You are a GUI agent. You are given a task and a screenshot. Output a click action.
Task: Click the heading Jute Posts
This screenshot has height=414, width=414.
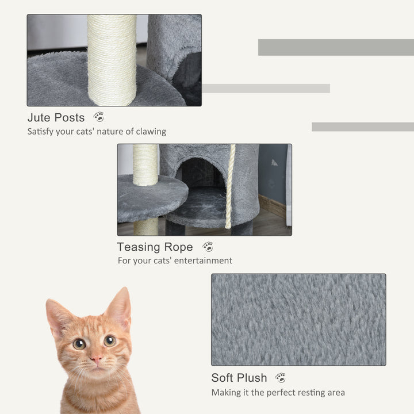point(56,118)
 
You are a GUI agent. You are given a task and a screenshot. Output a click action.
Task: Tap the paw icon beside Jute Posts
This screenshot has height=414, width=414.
point(99,117)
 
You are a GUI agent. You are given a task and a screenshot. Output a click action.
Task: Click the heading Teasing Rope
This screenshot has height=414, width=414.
point(155,247)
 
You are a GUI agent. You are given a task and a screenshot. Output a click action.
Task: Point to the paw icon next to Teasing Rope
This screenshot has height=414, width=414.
point(208,247)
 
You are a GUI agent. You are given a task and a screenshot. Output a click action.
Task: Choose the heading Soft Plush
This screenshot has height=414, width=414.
point(239,378)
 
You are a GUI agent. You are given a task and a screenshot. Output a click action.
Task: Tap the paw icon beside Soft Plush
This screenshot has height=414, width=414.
point(281,378)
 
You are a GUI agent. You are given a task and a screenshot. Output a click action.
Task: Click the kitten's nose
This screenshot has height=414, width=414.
point(97,359)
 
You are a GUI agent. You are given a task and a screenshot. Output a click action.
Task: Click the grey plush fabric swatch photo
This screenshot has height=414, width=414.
point(298,319)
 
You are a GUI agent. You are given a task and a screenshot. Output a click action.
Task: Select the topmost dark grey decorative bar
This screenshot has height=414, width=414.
point(336,47)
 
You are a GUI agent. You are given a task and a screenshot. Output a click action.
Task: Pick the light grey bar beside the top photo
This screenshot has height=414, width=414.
point(266,89)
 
